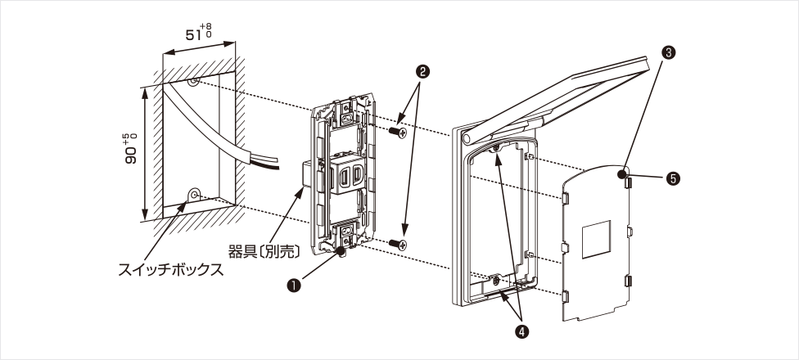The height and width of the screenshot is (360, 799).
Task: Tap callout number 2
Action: click(x=423, y=71)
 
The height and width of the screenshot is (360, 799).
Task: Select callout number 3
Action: click(x=669, y=52)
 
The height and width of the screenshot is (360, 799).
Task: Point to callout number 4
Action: click(x=521, y=331)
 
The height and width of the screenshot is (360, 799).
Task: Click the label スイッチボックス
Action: click(x=170, y=269)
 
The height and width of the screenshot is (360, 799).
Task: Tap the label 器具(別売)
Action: click(x=267, y=248)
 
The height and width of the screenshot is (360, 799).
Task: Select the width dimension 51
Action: click(x=194, y=35)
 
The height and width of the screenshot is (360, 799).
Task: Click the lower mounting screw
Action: click(x=399, y=243)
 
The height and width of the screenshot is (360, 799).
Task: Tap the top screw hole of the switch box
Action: click(x=193, y=83)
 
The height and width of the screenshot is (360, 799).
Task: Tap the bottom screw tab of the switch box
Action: click(x=195, y=195)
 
